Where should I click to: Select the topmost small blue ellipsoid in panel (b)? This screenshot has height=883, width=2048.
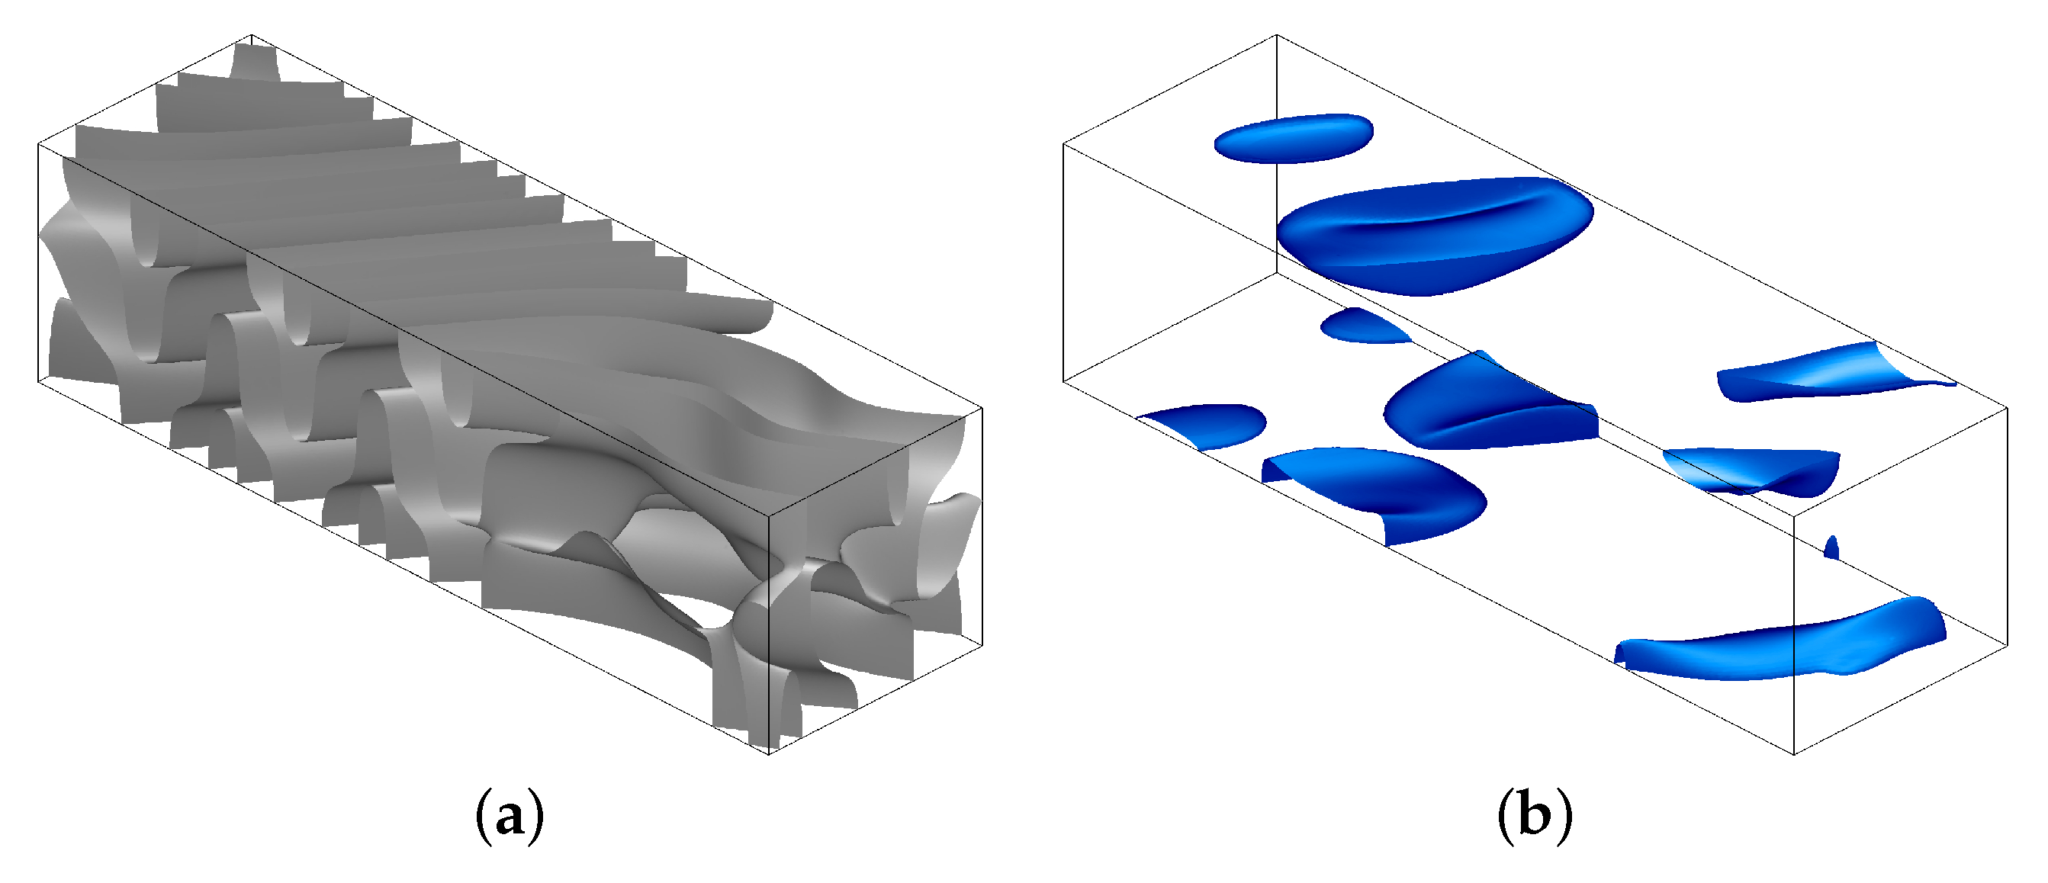(x=1294, y=139)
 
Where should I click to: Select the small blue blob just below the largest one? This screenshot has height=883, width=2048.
(x=1365, y=326)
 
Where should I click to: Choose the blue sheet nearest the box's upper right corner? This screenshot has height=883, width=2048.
(x=1837, y=372)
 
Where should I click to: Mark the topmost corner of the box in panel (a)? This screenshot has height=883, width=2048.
(x=251, y=35)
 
